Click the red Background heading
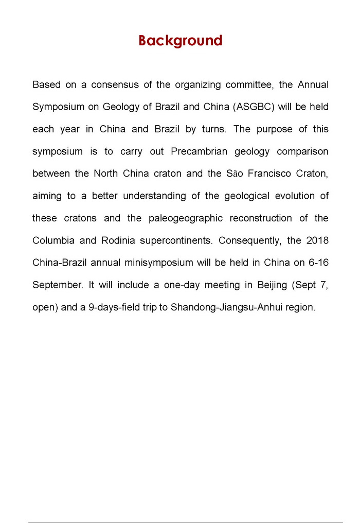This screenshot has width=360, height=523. coord(180,41)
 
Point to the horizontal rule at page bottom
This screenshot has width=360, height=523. coord(185,522)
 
